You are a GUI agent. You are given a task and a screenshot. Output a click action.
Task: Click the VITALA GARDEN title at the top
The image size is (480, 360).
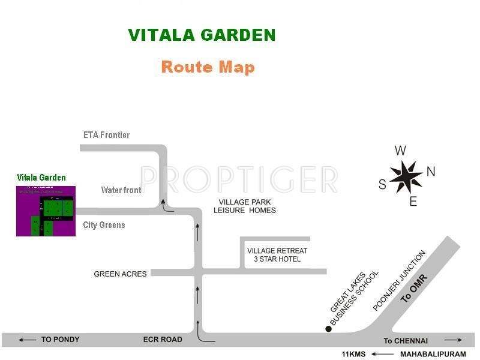202,35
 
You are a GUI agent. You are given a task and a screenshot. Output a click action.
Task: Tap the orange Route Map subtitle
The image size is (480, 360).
208,67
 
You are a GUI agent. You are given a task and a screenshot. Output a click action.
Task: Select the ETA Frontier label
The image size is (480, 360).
106,135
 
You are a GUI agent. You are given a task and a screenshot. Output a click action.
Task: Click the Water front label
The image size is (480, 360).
121,190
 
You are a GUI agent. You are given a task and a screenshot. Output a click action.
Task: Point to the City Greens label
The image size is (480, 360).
104,225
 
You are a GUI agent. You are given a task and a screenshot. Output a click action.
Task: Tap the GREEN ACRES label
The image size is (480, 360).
120,274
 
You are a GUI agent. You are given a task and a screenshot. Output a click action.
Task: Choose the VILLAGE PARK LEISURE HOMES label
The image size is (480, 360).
245,206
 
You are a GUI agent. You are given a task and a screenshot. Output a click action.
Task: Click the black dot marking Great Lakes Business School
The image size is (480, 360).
328,328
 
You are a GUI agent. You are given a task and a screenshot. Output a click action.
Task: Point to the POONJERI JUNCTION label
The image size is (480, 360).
399,281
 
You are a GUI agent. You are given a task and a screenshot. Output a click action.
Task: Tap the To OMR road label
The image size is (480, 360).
418,289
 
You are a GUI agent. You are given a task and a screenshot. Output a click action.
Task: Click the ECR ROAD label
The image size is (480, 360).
163,340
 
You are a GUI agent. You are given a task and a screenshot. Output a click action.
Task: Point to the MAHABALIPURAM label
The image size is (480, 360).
427,354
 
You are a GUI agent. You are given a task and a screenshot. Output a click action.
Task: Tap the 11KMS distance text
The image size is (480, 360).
354,354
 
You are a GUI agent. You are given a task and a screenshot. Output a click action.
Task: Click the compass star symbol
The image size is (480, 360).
406,175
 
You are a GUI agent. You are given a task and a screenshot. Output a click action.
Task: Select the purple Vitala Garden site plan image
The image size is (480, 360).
46,211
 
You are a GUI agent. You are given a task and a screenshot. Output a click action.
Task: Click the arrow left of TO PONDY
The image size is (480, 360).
27,340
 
